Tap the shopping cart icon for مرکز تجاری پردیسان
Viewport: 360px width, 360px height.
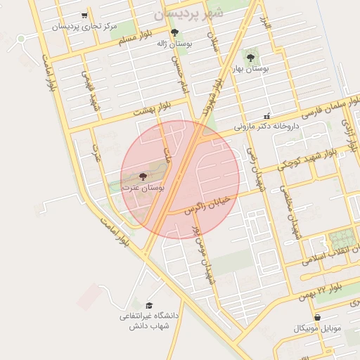[x=84, y=15]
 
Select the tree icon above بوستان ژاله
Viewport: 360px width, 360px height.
[x=174, y=32]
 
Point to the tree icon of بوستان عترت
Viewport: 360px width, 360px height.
[x=143, y=176]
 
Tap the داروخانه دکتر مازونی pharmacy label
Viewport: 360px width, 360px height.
[x=266, y=127]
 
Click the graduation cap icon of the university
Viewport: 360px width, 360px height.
[x=149, y=305]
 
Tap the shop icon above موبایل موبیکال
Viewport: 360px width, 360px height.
[x=317, y=318]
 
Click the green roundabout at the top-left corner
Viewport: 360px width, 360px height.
[x=22, y=38]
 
